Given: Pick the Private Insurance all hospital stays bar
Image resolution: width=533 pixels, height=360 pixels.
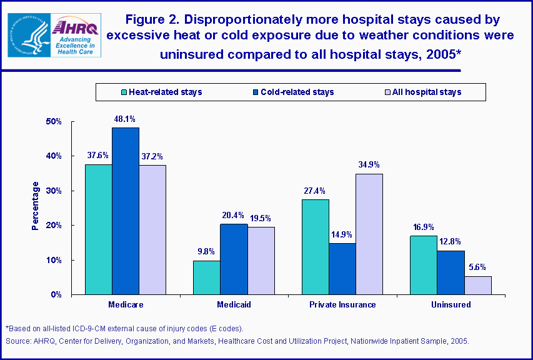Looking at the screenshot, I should coord(369,234).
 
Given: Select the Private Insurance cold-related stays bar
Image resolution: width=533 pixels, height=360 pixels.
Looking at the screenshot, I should coord(342,268).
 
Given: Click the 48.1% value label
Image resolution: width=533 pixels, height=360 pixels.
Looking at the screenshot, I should coord(126,118).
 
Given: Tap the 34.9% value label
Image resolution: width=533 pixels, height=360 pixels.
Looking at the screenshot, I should coord(369,164).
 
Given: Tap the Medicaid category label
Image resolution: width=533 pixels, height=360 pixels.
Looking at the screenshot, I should coord(234,305).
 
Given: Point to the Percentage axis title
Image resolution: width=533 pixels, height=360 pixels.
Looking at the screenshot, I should coord(36,206).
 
